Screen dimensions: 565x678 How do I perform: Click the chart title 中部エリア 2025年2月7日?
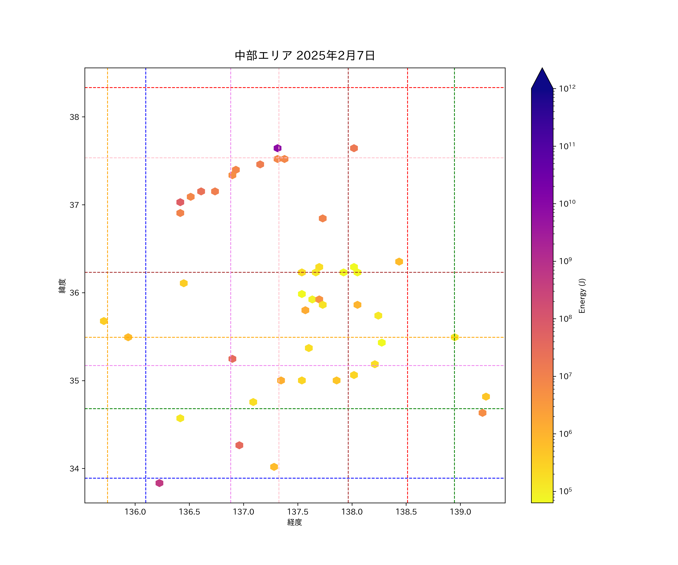(305, 56)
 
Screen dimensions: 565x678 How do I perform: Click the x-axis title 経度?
(294, 522)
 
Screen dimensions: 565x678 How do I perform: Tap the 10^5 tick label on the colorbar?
(566, 491)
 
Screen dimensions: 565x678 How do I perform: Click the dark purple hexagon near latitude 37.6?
(277, 148)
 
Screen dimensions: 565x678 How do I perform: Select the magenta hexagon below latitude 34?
(159, 483)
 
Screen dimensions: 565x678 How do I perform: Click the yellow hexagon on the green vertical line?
(454, 337)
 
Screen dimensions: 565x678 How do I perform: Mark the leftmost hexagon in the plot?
(104, 321)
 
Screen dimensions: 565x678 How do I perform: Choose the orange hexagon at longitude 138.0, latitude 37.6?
(354, 148)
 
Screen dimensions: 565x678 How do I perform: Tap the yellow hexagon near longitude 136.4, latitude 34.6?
(180, 418)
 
